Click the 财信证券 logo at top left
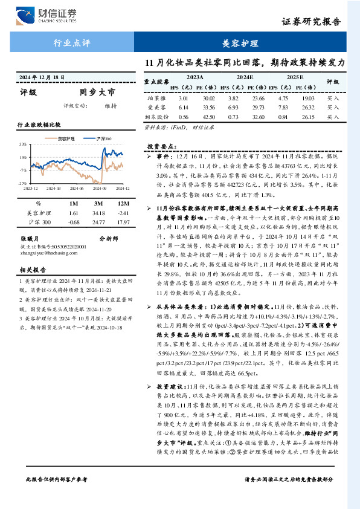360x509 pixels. [52, 15]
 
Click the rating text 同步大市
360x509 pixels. [96, 92]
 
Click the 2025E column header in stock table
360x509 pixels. [295, 78]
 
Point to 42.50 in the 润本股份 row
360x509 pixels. [209, 117]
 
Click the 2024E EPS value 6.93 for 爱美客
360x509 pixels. [234, 107]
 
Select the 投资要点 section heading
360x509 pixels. [160, 146]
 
